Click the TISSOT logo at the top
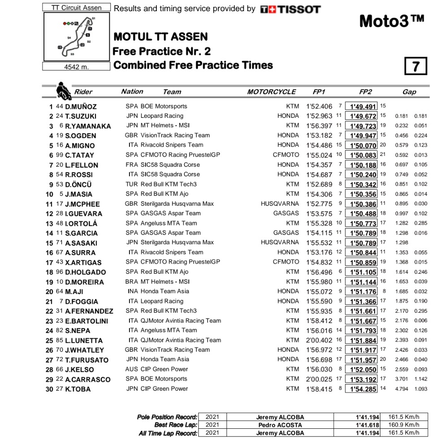pos(290,9)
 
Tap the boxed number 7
pos(415,66)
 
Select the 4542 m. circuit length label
pos(76,67)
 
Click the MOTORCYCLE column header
pos(271,92)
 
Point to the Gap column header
pos(409,92)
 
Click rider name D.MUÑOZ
pos(81,107)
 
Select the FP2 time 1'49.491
pos(363,107)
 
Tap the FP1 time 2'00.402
pos(319,340)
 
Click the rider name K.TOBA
pos(78,389)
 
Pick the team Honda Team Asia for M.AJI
pos(164,291)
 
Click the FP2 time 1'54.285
pos(363,389)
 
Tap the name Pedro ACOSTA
pos(280,425)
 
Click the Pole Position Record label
pos(167,417)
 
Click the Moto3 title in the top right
pos(391,21)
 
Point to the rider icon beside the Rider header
pos(63,91)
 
